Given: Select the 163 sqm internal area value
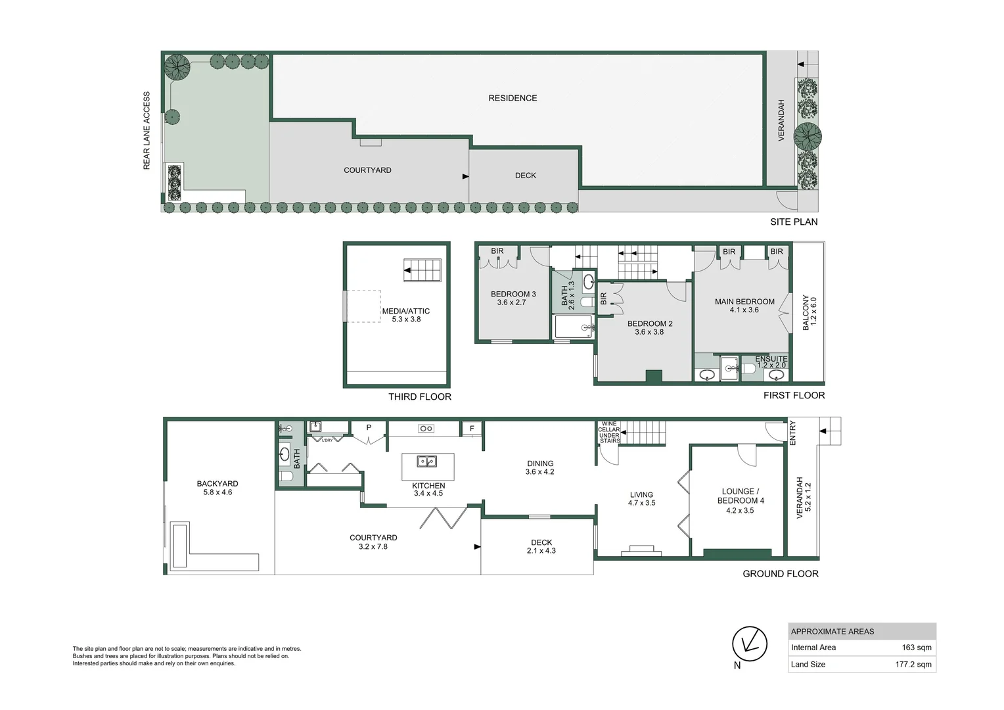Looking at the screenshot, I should [x=917, y=648].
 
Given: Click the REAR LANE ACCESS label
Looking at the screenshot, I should [x=147, y=131].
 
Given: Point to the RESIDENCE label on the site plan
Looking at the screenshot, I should [x=513, y=99].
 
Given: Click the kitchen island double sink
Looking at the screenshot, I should [x=427, y=461].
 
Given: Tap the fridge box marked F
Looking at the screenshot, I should [x=472, y=429].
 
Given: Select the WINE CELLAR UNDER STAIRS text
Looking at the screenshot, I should [x=609, y=433].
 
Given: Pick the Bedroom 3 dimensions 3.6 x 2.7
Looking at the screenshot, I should [x=511, y=303].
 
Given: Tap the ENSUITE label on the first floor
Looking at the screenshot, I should [x=771, y=359].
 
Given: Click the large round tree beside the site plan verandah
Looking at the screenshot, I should [x=808, y=137].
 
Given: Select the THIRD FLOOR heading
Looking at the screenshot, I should [x=419, y=397].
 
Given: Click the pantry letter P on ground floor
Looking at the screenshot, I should [x=369, y=428].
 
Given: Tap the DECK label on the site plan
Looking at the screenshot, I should [x=525, y=176].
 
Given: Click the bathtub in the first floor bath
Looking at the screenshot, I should [x=573, y=327].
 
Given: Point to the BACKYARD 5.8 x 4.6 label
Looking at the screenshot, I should [x=217, y=488].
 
